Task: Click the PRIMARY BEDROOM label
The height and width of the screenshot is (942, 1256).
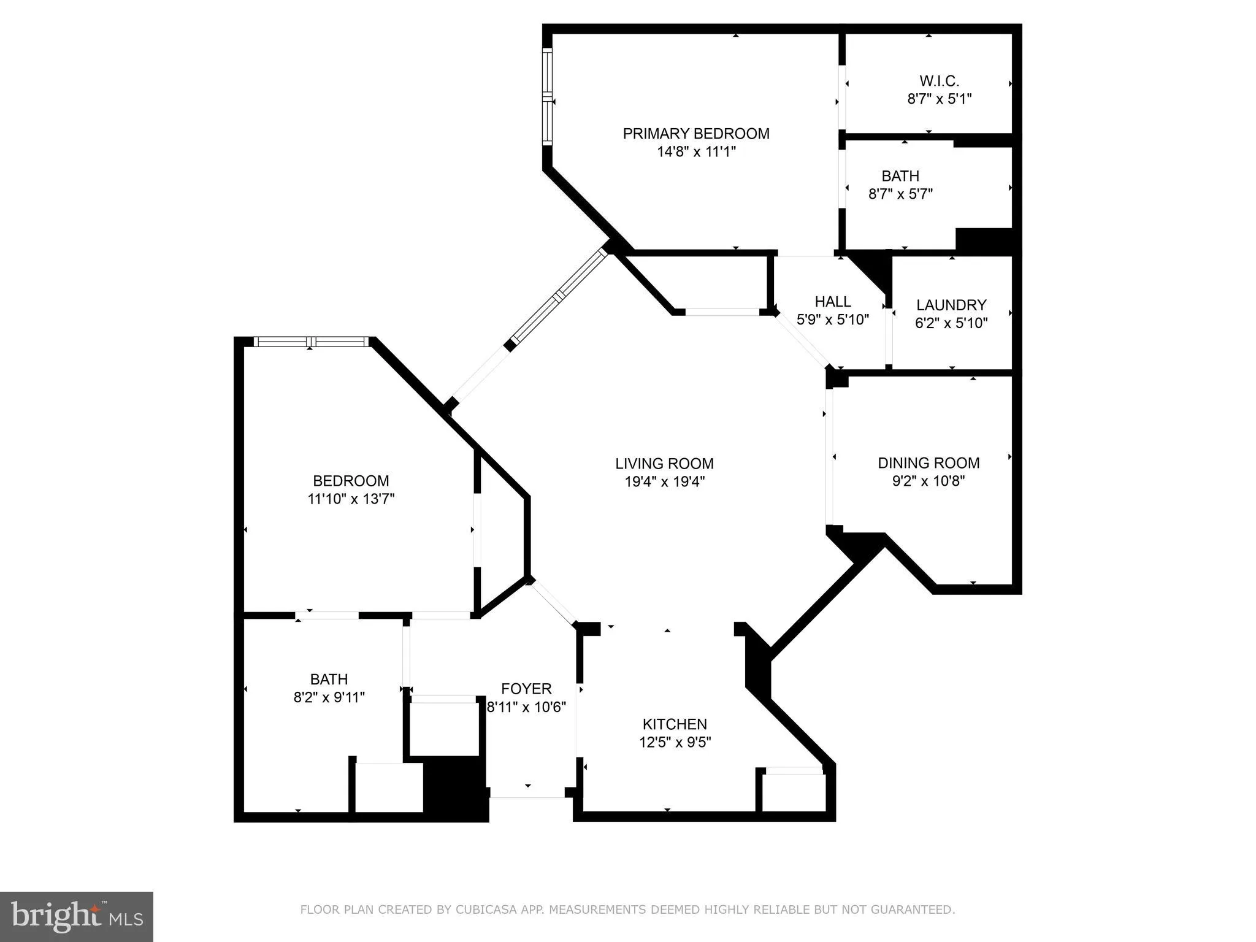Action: pos(695,134)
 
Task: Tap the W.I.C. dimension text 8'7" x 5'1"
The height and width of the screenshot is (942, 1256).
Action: pos(939,99)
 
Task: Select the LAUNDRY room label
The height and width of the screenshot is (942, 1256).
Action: pos(951,305)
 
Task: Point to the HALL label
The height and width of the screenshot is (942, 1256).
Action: pos(832,302)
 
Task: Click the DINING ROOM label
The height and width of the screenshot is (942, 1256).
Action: pos(928,463)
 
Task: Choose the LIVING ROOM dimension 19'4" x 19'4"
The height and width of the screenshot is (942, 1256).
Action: pos(664,482)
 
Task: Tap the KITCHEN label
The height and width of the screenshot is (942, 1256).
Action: pos(674,724)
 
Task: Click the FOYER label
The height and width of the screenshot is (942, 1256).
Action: pos(526,689)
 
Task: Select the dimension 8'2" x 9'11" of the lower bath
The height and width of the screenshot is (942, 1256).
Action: pos(329,697)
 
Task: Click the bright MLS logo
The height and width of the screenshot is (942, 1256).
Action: pos(77,916)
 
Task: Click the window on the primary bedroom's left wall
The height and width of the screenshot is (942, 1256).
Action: pos(547,96)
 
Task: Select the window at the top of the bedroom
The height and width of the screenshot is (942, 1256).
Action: pos(311,342)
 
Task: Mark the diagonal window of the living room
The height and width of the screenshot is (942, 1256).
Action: pos(559,297)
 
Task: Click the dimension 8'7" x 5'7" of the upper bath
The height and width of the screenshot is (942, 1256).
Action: pos(900,194)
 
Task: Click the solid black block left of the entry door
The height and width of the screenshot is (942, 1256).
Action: pos(455,789)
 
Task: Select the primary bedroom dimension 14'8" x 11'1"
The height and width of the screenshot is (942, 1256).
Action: pos(695,152)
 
